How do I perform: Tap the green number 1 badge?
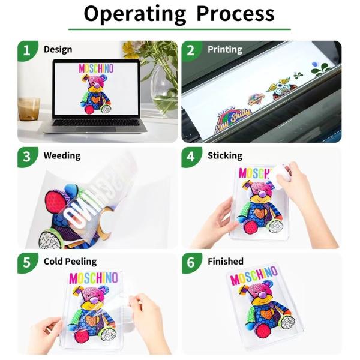[x=26, y=50]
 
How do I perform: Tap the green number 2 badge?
[x=191, y=50]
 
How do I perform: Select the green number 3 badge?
[x=26, y=157]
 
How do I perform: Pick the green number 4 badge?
[x=191, y=157]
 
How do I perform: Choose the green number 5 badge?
[x=26, y=263]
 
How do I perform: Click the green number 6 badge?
[x=191, y=263]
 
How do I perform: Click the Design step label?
[x=58, y=49]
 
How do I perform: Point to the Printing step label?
[x=224, y=49]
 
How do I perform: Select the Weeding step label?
[x=61, y=155]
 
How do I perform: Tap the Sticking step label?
[x=224, y=155]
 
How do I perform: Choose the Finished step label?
[x=225, y=262]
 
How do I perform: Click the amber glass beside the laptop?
[x=28, y=112]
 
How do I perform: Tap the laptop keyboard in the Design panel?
[x=97, y=123]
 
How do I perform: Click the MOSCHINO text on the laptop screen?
[x=96, y=68]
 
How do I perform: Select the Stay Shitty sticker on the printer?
[x=232, y=112]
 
